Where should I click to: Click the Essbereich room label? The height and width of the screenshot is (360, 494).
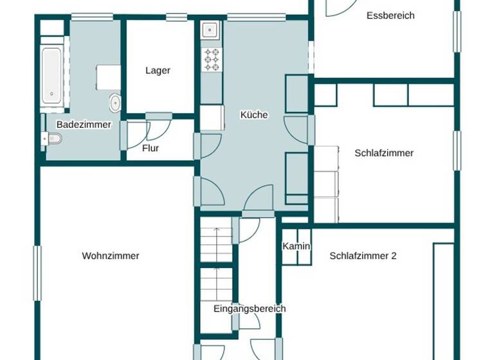(390, 15)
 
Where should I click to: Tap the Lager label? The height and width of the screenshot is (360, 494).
(158, 71)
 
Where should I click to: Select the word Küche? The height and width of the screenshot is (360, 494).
(253, 115)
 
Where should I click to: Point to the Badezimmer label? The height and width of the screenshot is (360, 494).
(84, 125)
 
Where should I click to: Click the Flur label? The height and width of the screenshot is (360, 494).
(151, 148)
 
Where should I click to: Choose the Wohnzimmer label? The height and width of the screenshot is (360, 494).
(111, 256)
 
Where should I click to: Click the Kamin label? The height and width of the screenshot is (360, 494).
(297, 247)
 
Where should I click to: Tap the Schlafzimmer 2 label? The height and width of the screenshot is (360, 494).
(363, 256)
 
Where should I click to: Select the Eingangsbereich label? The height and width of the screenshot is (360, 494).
(250, 309)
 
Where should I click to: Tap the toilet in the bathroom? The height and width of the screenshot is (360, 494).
(52, 138)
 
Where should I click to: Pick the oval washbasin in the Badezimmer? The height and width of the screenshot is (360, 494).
(115, 102)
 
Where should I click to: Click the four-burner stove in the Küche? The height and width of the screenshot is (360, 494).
(211, 60)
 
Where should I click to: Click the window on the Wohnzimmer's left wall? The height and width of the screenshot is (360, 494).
(37, 273)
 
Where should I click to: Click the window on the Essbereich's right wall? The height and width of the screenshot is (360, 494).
(457, 28)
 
